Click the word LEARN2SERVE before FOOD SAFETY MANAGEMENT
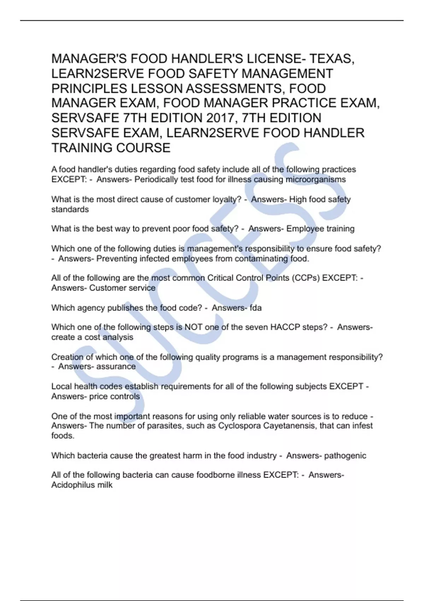click(x=98, y=74)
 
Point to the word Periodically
click(x=156, y=180)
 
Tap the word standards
click(x=70, y=209)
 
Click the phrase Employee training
click(x=320, y=229)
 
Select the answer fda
click(x=255, y=308)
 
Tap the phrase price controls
click(x=114, y=396)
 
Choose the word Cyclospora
click(x=239, y=426)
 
